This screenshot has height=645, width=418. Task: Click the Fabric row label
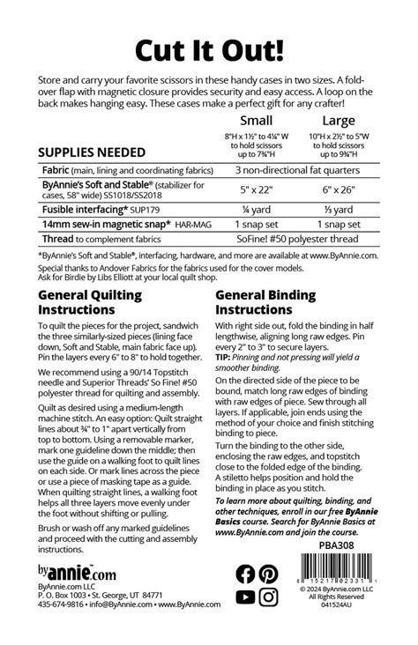58,169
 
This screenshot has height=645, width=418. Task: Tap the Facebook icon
246,574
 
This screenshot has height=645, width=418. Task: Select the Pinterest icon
269,574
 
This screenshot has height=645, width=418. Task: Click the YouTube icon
246,597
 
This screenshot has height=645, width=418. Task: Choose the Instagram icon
269,597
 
